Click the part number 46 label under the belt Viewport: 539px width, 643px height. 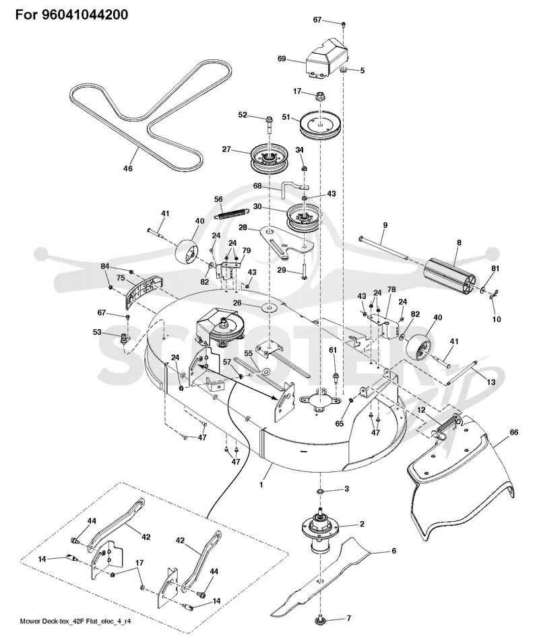pyautogui.click(x=128, y=168)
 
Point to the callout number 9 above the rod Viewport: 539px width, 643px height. pyautogui.click(x=385, y=225)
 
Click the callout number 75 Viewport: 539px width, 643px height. pyautogui.click(x=121, y=277)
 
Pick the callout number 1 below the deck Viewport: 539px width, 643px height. pyautogui.click(x=261, y=485)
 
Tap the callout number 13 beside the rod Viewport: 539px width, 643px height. pyautogui.click(x=490, y=382)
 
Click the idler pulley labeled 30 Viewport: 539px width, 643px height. pyautogui.click(x=303, y=219)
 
